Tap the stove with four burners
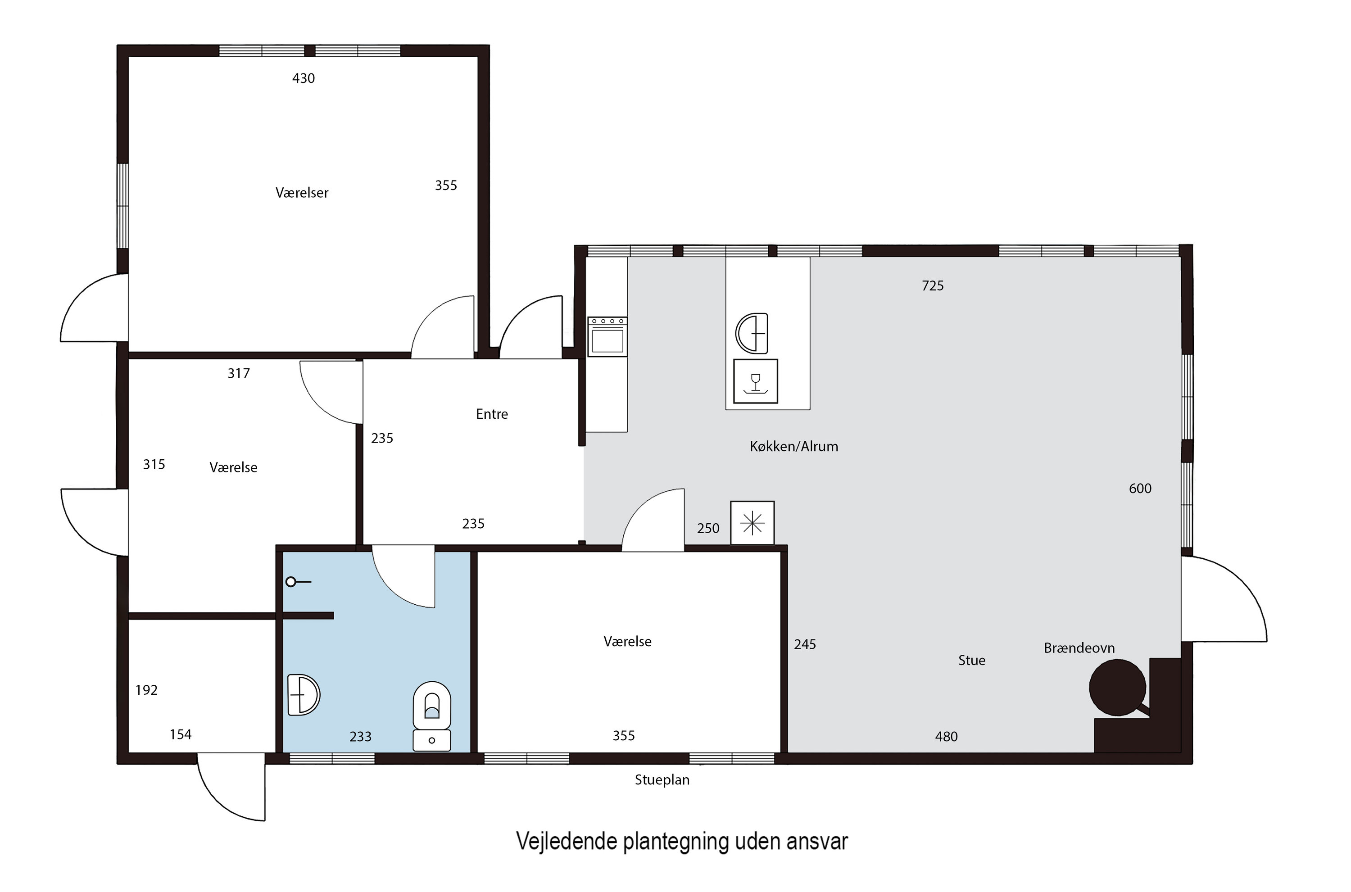coord(607,336)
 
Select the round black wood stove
coord(1117,687)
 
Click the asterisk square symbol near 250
coord(752,523)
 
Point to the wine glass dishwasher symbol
coord(755,381)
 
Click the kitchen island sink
coord(752,333)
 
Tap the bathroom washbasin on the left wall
coord(303,695)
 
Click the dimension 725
coord(932,285)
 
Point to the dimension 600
coord(1140,489)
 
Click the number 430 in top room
coord(303,78)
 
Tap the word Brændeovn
coord(1079,648)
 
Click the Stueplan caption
coord(662,780)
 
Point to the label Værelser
coord(301,193)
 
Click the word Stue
coord(971,661)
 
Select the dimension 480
coord(946,737)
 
